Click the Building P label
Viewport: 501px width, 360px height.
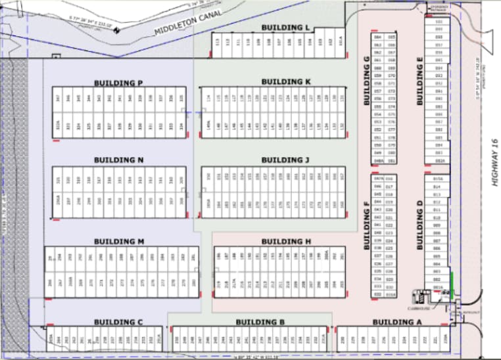pos(118,83)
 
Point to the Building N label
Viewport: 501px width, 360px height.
pos(118,160)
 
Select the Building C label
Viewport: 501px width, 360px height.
pos(118,321)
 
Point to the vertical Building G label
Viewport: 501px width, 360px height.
pos(366,81)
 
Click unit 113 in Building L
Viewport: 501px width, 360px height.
pos(218,41)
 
